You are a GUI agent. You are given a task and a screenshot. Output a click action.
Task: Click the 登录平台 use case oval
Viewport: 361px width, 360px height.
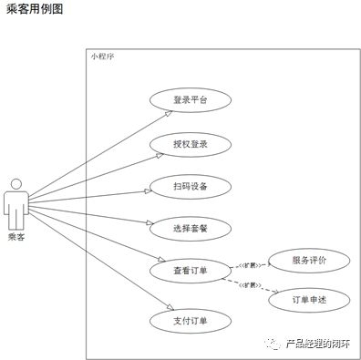click(x=190, y=100)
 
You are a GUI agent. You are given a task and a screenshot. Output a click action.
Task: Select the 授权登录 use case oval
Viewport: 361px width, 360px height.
click(x=190, y=143)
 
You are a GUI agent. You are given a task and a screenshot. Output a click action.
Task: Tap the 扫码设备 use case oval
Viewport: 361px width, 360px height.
click(x=190, y=186)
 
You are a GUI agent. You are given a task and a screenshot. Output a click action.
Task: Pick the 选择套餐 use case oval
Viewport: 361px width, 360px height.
click(x=190, y=229)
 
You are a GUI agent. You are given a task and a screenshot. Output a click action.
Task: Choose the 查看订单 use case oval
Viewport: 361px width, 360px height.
click(x=190, y=272)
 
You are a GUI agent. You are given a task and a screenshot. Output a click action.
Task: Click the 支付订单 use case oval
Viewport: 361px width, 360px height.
click(x=190, y=320)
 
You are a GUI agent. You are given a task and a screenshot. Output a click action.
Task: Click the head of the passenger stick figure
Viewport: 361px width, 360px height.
click(x=16, y=185)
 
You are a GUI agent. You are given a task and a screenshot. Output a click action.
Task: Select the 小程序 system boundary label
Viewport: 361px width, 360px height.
click(x=103, y=57)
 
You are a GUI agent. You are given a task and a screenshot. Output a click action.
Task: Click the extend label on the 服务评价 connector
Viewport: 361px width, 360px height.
click(x=249, y=264)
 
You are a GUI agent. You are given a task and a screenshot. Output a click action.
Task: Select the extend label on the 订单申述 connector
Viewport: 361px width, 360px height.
click(x=249, y=284)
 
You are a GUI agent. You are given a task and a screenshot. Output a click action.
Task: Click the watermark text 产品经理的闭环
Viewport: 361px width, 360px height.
click(x=318, y=343)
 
